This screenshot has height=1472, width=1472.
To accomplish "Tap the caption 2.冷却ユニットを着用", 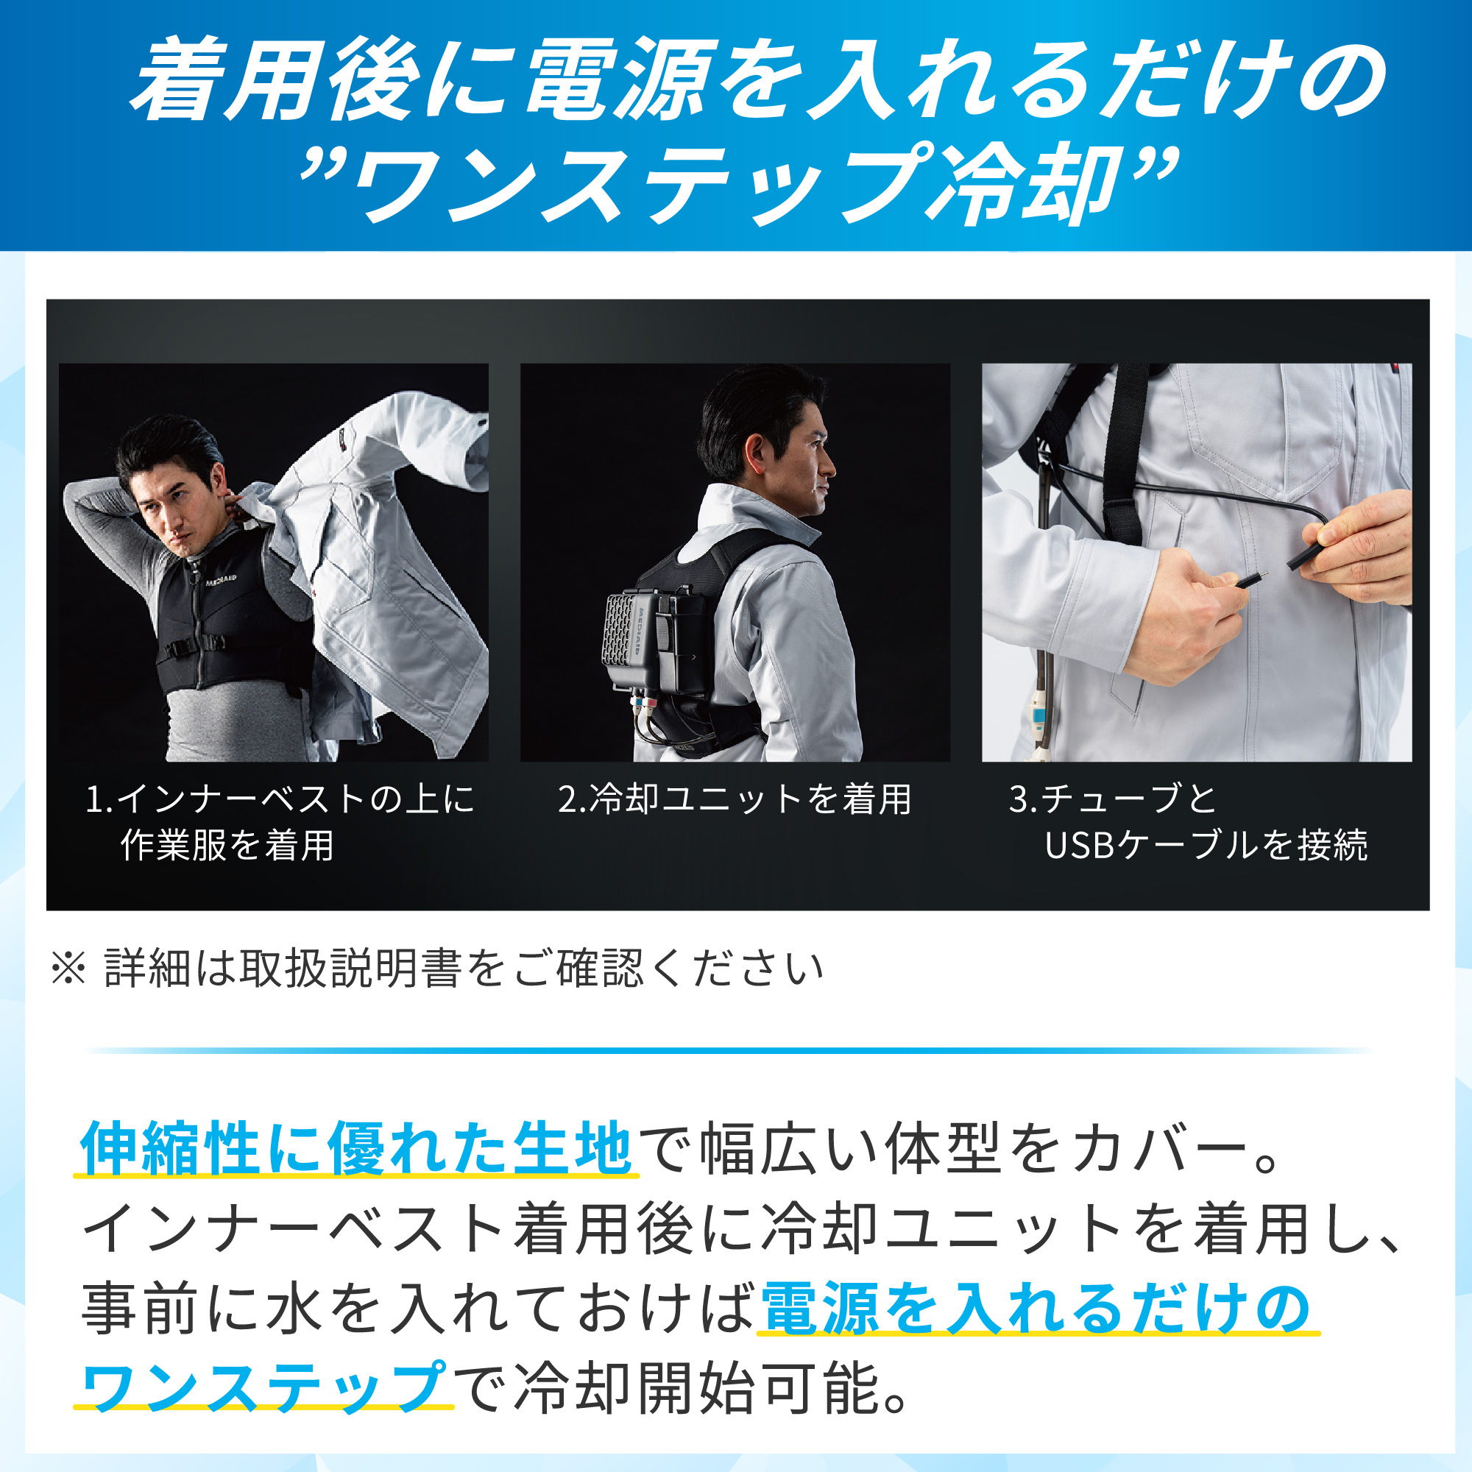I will coord(735,799).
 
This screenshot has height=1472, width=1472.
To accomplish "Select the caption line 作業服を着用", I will coord(227,845).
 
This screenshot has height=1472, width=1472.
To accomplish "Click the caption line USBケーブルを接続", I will coord(1206,845).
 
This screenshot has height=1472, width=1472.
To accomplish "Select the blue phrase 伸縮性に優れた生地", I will coord(355,1147).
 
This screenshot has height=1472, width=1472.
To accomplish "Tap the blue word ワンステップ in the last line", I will coord(263,1388).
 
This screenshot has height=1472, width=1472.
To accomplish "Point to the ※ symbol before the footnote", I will coord(68,969).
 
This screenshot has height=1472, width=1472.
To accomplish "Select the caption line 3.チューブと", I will coord(1112,799).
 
